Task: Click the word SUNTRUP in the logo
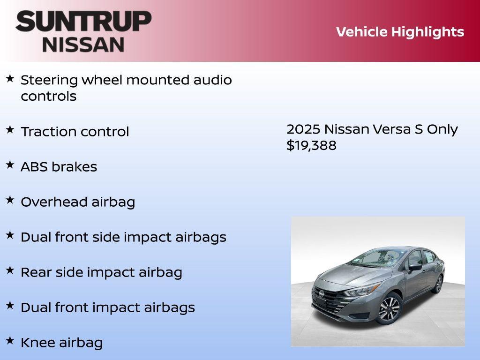[x=83, y=22]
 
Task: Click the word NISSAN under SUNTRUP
[x=83, y=45]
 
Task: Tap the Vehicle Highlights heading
[x=400, y=32]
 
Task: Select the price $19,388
[x=311, y=145]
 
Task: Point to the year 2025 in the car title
[x=303, y=129]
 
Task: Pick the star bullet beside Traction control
[x=10, y=130]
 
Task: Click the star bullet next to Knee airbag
[x=10, y=341]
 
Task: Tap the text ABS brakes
[x=59, y=167]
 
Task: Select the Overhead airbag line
[x=78, y=202]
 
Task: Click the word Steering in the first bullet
[x=49, y=80]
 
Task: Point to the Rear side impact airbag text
[x=101, y=272]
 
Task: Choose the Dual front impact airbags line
[x=108, y=307]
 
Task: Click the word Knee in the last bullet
[x=38, y=343]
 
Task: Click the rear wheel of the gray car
[x=438, y=284]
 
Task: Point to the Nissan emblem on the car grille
[x=322, y=293]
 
